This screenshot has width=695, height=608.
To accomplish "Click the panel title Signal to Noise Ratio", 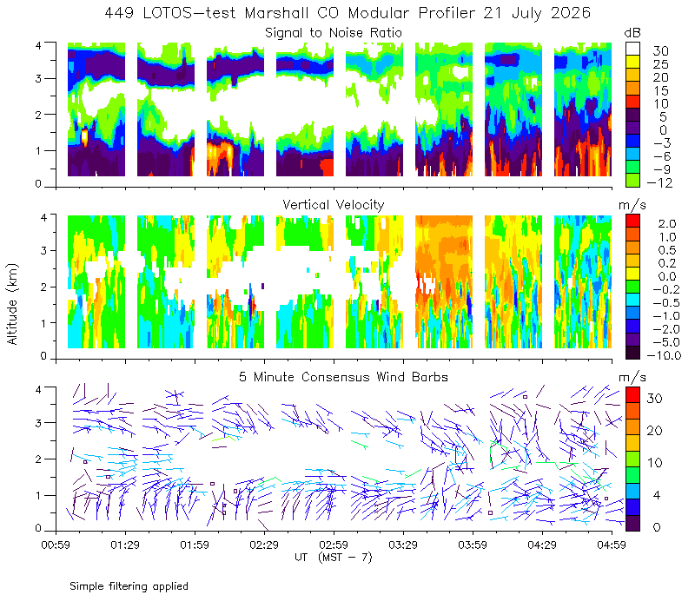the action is coord(334,33).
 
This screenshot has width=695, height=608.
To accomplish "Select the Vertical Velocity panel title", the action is coord(334,205).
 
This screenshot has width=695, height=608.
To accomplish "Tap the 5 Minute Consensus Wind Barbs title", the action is coord(343,377).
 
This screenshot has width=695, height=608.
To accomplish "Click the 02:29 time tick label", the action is coord(264,545).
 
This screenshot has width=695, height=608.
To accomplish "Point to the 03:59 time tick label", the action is coord(473,545).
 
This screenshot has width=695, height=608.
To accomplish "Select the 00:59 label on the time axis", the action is coord(56,545).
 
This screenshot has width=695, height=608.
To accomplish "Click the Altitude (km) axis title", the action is coord(12,304).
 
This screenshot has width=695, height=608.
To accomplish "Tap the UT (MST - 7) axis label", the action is coord(334,558).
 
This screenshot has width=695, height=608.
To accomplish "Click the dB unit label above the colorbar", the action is coord(632,33).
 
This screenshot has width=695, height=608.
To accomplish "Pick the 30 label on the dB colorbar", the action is coord(660,51).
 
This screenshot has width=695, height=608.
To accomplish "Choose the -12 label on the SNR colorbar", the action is coord(659,182).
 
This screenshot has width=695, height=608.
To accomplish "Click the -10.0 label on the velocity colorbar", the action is coord(664,355).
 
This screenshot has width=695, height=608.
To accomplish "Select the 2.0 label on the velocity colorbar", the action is coord(667,223).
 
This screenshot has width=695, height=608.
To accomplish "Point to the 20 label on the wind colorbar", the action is coord(655,430).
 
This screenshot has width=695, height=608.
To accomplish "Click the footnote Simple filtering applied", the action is coord(129,587).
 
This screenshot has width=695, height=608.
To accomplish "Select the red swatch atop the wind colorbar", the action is coord(632,394).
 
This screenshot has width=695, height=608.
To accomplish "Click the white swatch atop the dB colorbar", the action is coord(632,49).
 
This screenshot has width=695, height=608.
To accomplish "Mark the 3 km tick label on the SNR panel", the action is coord(38,79).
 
